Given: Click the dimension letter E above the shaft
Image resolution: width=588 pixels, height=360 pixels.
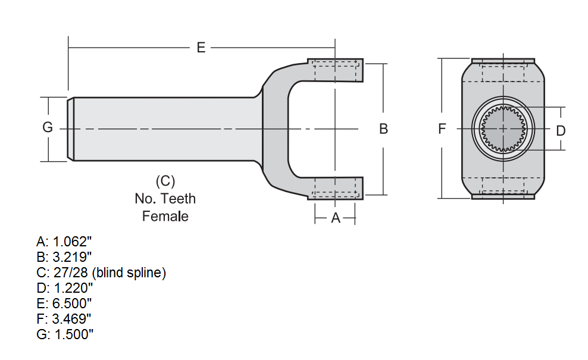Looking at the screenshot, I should click(x=201, y=48).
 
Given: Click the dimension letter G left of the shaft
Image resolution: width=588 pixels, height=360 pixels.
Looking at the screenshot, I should click(x=48, y=127).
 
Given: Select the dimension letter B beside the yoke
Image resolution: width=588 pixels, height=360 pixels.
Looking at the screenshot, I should click(x=384, y=129).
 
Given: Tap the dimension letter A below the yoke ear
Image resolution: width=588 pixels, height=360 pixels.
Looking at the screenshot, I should click(x=335, y=218).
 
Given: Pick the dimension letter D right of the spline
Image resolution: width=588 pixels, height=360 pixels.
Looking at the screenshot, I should click(x=561, y=130).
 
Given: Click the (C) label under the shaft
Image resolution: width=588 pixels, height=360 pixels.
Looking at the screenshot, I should click(x=165, y=180).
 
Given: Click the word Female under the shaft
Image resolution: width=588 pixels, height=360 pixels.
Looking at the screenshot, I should click(x=165, y=216).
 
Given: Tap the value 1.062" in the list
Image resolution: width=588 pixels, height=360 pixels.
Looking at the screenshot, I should click(x=73, y=242).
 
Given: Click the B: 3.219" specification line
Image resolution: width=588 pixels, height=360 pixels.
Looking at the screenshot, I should click(x=64, y=257).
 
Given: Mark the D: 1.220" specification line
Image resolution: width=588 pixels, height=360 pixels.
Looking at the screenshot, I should click(x=64, y=288).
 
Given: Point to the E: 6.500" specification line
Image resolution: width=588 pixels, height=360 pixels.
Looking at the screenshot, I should click(x=64, y=303).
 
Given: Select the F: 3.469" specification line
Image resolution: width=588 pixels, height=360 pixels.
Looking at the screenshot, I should click(x=64, y=319).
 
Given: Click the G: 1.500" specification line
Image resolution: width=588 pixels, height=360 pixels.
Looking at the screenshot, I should click(x=65, y=334).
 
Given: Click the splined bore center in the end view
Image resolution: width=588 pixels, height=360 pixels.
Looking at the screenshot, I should click(x=503, y=128).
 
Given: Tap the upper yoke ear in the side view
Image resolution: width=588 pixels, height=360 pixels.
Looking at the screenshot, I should click(x=334, y=70).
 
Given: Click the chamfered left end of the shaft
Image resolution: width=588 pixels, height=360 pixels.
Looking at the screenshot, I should click(x=70, y=129).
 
